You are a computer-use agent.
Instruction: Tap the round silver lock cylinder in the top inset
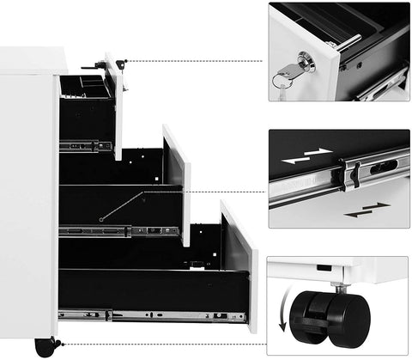point(305,61)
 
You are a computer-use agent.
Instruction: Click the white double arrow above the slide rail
point(306,156)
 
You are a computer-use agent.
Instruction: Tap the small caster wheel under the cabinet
point(44,347)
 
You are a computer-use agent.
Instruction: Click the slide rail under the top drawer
point(86,146)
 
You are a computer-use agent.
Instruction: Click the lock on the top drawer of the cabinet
point(121,64)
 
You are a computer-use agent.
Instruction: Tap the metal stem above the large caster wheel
point(342,287)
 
